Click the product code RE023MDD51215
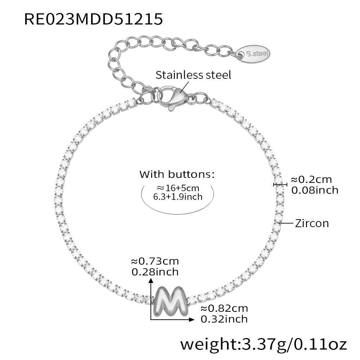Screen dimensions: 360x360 point(94,19)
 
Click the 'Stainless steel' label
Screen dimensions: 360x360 point(193,75)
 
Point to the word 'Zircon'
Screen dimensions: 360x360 point(312,224)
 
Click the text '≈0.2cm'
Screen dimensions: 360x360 point(311,180)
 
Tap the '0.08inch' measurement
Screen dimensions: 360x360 point(315,190)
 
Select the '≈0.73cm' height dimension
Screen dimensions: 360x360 point(155,261)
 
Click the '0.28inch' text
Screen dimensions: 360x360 point(155,272)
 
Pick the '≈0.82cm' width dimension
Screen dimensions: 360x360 point(224,309)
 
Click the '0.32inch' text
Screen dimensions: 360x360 point(224,319)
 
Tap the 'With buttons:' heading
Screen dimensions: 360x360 point(177,174)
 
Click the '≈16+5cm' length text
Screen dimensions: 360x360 point(178,188)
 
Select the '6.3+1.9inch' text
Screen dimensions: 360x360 point(178,197)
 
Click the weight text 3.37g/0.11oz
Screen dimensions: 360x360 point(264,345)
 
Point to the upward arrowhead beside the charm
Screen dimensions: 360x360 point(151,280)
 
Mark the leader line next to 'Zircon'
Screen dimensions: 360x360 point(286,223)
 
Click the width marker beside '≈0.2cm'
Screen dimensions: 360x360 point(280,184)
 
